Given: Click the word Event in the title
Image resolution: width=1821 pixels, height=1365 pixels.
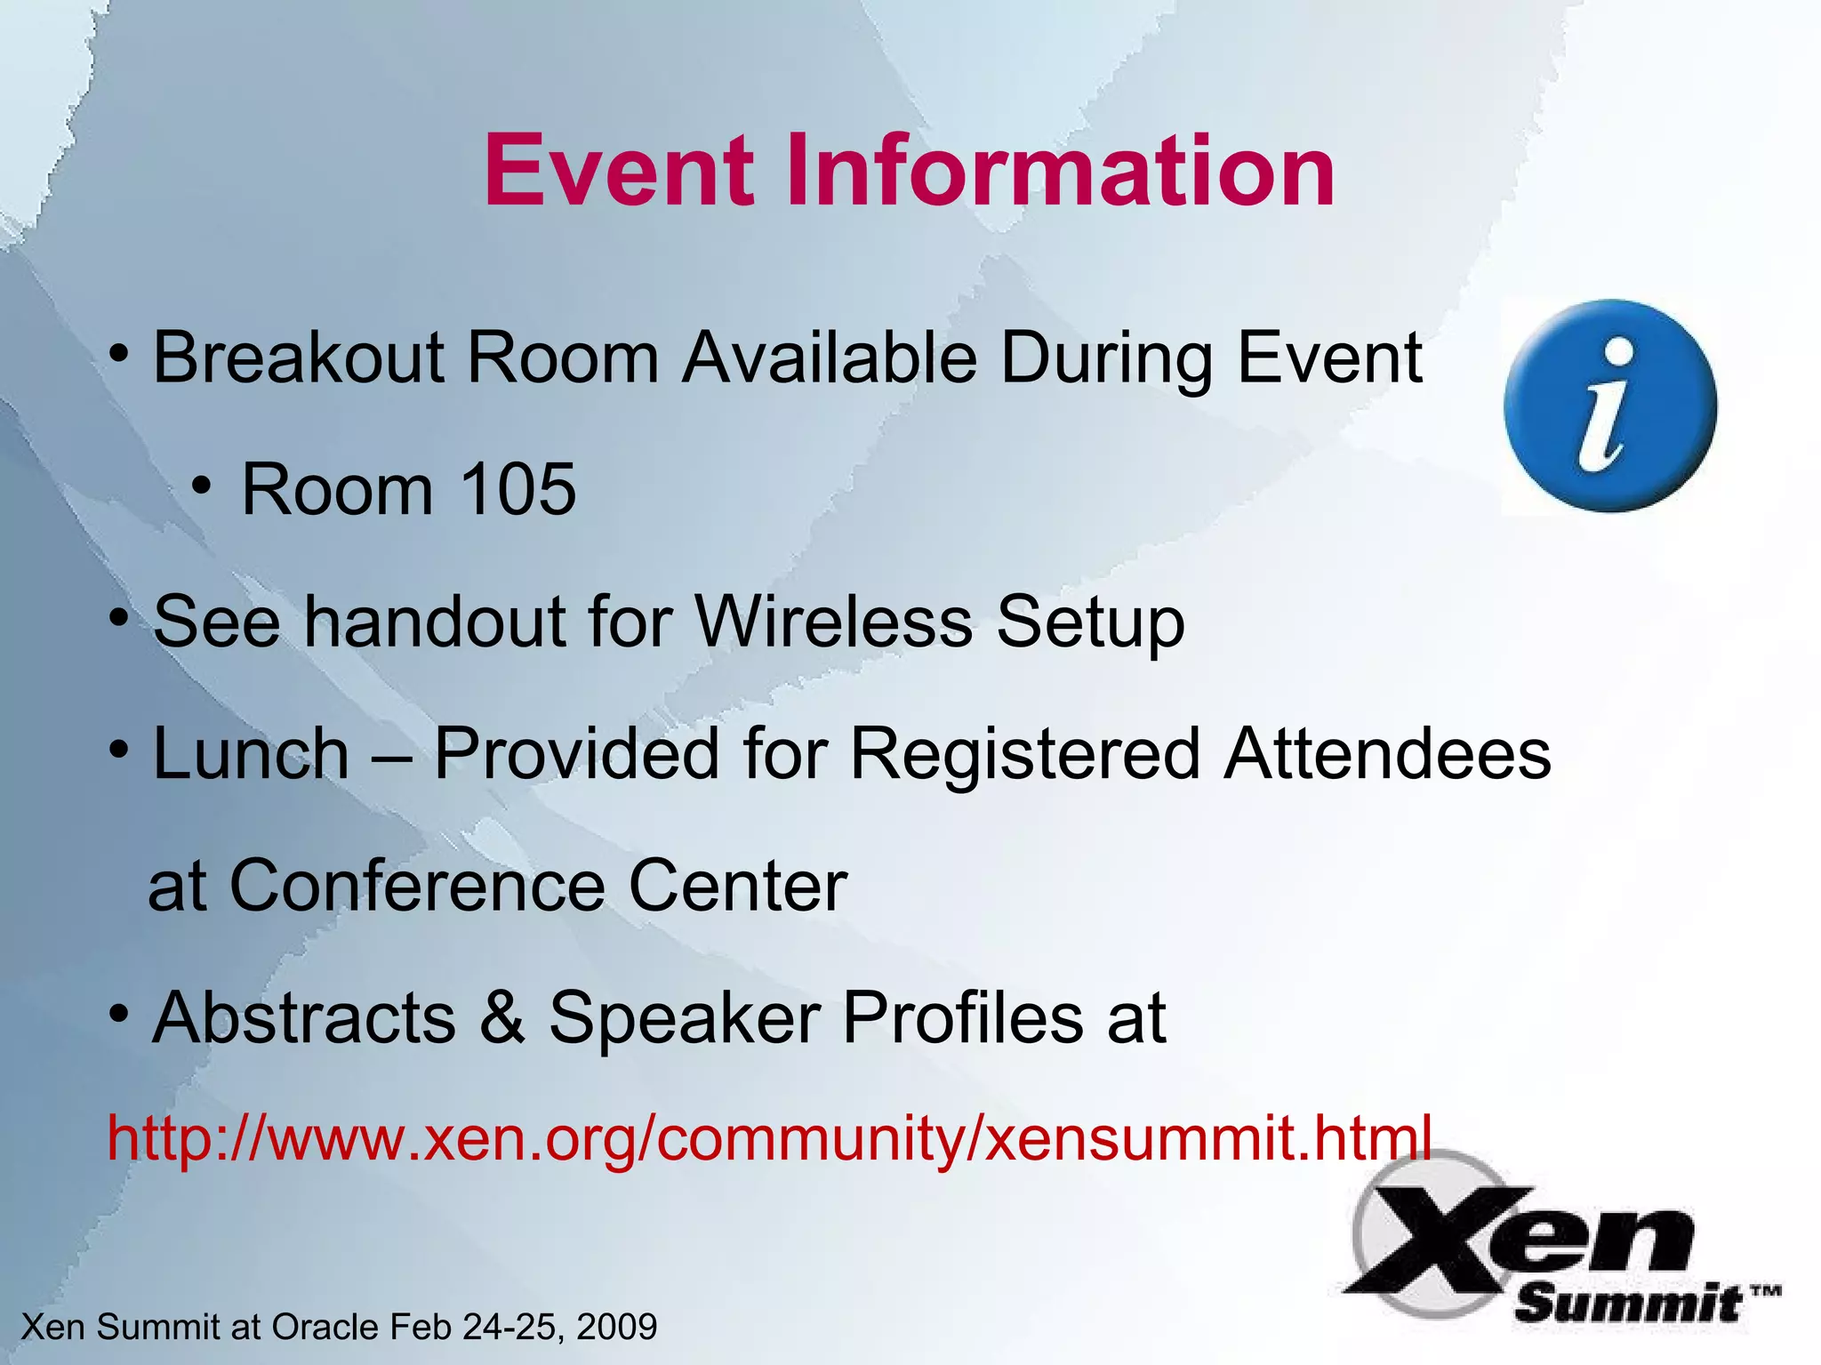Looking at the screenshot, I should tap(619, 170).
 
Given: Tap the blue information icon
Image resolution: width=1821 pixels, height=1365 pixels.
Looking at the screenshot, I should tap(1610, 405).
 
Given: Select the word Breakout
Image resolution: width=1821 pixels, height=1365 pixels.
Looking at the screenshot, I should tap(299, 357).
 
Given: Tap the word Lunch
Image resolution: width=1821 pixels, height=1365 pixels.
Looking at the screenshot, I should tap(252, 754).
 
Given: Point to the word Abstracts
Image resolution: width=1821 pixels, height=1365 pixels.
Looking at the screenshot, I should tap(304, 1017).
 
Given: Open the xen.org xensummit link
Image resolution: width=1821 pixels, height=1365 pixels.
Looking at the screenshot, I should tap(769, 1137).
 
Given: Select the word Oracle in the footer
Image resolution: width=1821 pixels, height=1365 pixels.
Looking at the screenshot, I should tap(325, 1327).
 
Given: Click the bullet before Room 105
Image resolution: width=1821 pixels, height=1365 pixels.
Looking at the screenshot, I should tap(202, 486).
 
